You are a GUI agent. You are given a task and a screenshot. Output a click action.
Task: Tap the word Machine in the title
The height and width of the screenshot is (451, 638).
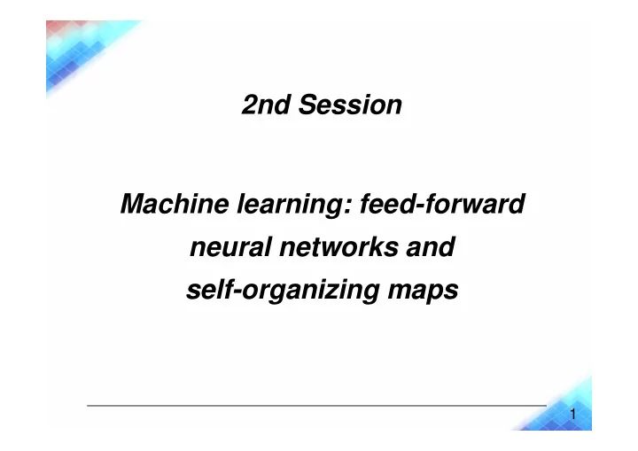tap(163, 206)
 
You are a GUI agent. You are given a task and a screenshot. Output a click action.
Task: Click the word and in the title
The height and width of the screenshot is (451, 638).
tap(433, 248)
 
